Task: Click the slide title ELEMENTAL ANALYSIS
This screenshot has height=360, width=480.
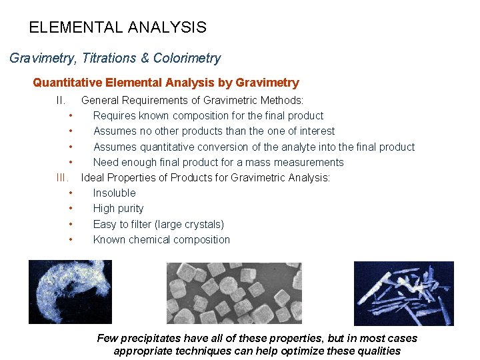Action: (117, 28)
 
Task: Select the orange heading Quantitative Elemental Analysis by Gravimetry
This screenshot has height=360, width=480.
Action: (166, 83)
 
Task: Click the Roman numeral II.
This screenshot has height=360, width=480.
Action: (61, 101)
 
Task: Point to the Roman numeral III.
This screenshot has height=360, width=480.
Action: (63, 177)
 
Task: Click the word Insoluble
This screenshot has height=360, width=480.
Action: (114, 193)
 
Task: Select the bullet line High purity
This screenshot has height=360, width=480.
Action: (118, 208)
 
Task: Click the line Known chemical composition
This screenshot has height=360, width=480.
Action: (161, 239)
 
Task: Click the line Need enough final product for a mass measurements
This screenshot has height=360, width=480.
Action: (218, 162)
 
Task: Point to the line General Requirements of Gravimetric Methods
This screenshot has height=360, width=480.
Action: (192, 101)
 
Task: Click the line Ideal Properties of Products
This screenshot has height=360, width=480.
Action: (205, 177)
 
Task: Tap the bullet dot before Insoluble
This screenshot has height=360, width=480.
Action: (70, 193)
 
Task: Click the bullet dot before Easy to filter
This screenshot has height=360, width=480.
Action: (70, 225)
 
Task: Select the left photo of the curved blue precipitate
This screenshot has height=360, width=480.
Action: (70, 291)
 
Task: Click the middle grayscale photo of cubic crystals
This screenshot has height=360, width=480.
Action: (233, 293)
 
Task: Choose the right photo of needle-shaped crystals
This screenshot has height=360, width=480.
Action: (403, 293)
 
